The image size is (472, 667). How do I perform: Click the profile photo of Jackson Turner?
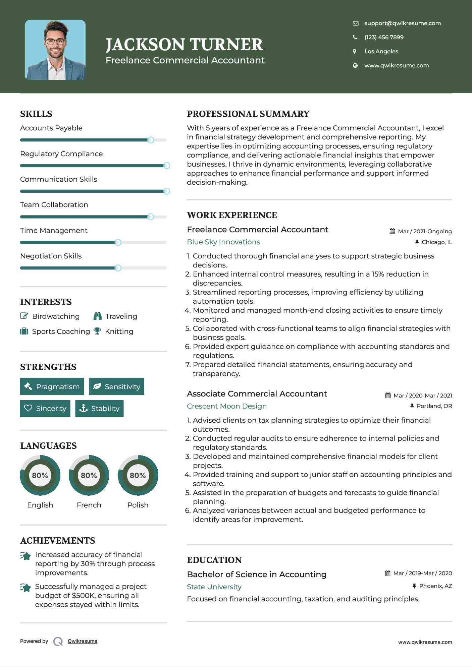pos(55,50)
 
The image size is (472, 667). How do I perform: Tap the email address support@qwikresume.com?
pos(403,23)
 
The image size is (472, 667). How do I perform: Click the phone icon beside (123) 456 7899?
pos(355,37)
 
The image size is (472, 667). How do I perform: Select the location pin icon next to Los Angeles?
pos(355,51)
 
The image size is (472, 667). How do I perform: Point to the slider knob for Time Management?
pos(118,242)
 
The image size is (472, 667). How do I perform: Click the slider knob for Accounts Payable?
pos(151,140)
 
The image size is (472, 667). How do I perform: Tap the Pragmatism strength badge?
pos(52,386)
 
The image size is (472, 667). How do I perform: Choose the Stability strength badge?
pos(99,408)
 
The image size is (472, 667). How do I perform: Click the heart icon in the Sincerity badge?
pos(28,408)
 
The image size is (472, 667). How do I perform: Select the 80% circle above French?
pos(89,475)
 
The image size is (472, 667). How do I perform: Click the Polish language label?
pos(138,505)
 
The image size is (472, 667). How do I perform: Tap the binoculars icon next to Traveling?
pos(98,316)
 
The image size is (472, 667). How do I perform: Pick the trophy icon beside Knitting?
pos(97,331)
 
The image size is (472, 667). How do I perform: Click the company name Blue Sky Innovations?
pos(223,242)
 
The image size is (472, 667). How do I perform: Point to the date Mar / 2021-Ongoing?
pos(425,231)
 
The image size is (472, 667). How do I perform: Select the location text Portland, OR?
pos(434,406)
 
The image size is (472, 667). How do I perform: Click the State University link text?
pos(214,587)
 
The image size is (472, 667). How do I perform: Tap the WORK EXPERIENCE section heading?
pos(232,215)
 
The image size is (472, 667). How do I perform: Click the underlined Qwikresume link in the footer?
pos(83,641)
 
